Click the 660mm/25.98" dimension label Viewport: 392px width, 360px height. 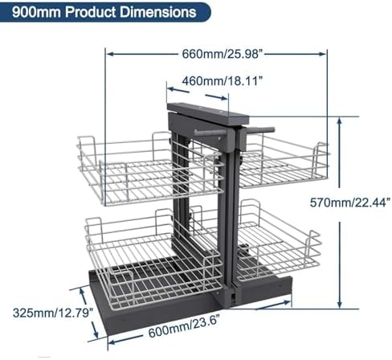coord(218,54)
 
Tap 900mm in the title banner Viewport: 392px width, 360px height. coord(28,13)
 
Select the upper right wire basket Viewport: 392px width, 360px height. coord(281,165)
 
